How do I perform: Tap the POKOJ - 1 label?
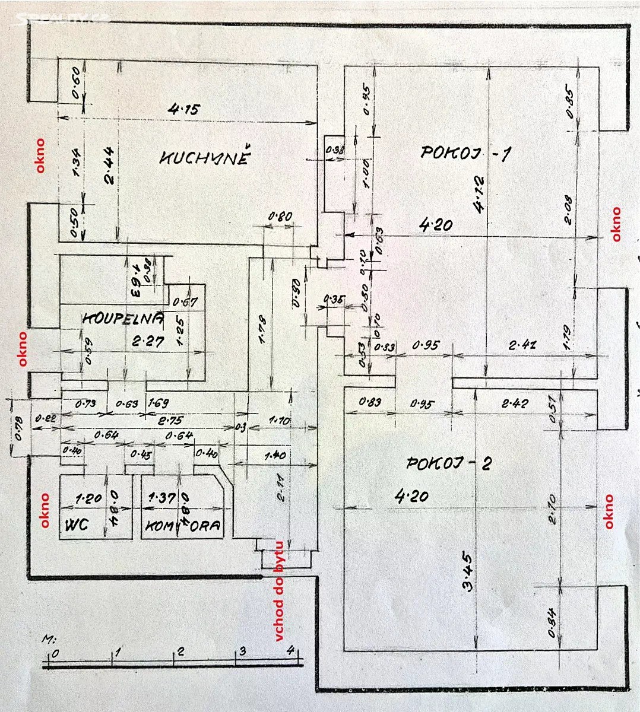coord(465,153)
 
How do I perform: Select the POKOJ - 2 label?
coord(448,463)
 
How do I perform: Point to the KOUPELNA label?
coord(123,319)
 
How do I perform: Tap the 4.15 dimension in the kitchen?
coord(184,109)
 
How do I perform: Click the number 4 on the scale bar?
coord(290,650)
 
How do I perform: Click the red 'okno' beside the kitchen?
coord(40,155)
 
